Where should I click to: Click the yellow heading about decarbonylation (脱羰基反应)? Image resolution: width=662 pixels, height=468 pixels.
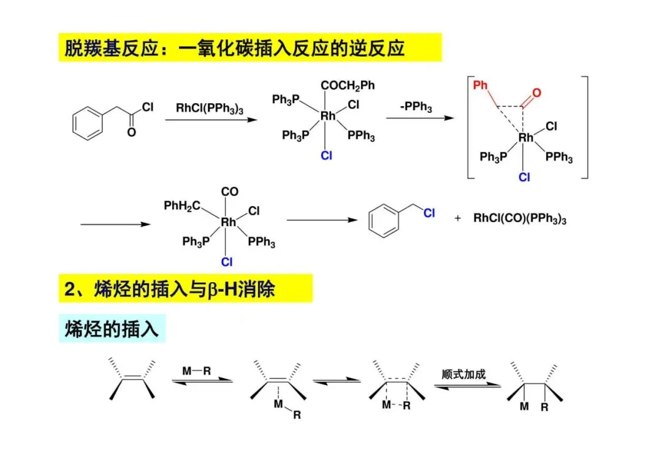coord(249,48)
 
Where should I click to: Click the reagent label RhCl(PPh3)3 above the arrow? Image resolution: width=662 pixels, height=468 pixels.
coord(209,109)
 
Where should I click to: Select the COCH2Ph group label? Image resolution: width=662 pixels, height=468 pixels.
coord(347,85)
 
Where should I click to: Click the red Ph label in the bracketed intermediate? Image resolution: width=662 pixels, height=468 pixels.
coord(481,85)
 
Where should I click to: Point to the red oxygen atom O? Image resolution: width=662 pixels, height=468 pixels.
coord(537,93)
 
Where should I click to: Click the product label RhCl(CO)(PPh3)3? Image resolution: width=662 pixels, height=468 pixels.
coord(520,218)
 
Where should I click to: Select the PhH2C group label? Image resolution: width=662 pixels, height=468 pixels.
coord(182,205)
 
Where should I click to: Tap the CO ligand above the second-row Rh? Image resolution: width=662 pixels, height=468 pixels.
coord(230,192)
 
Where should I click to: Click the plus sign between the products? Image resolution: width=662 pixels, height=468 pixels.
coord(457,218)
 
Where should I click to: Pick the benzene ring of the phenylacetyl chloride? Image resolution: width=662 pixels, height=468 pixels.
coord(85,123)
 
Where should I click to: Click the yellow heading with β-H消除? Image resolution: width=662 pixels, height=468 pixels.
coord(185,288)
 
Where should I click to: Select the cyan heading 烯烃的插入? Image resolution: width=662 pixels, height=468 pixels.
coord(112,329)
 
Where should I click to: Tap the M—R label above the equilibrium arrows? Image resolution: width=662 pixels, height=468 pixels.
coord(197,370)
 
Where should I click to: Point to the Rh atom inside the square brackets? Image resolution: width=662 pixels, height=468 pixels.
coord(525,138)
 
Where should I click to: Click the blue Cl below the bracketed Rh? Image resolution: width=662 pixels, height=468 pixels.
coord(525,177)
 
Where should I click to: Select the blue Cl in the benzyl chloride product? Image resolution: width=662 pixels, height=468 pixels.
coord(428,213)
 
